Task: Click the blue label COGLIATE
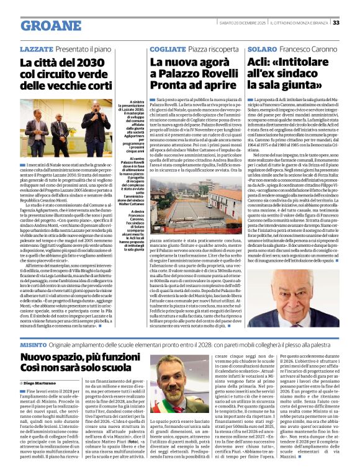pyautogui.click(x=168, y=48)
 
